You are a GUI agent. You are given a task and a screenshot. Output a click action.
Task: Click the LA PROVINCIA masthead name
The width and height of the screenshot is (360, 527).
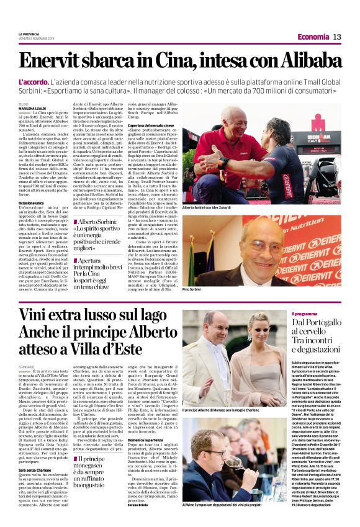pos(30,34)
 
